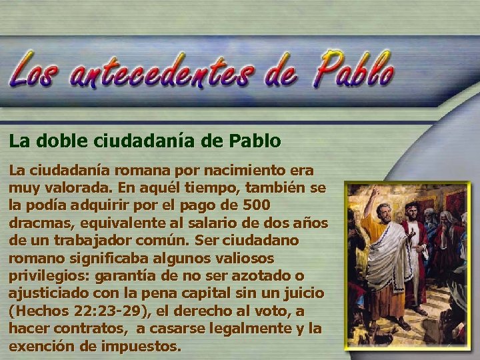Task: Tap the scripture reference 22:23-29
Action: coord(98,311)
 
